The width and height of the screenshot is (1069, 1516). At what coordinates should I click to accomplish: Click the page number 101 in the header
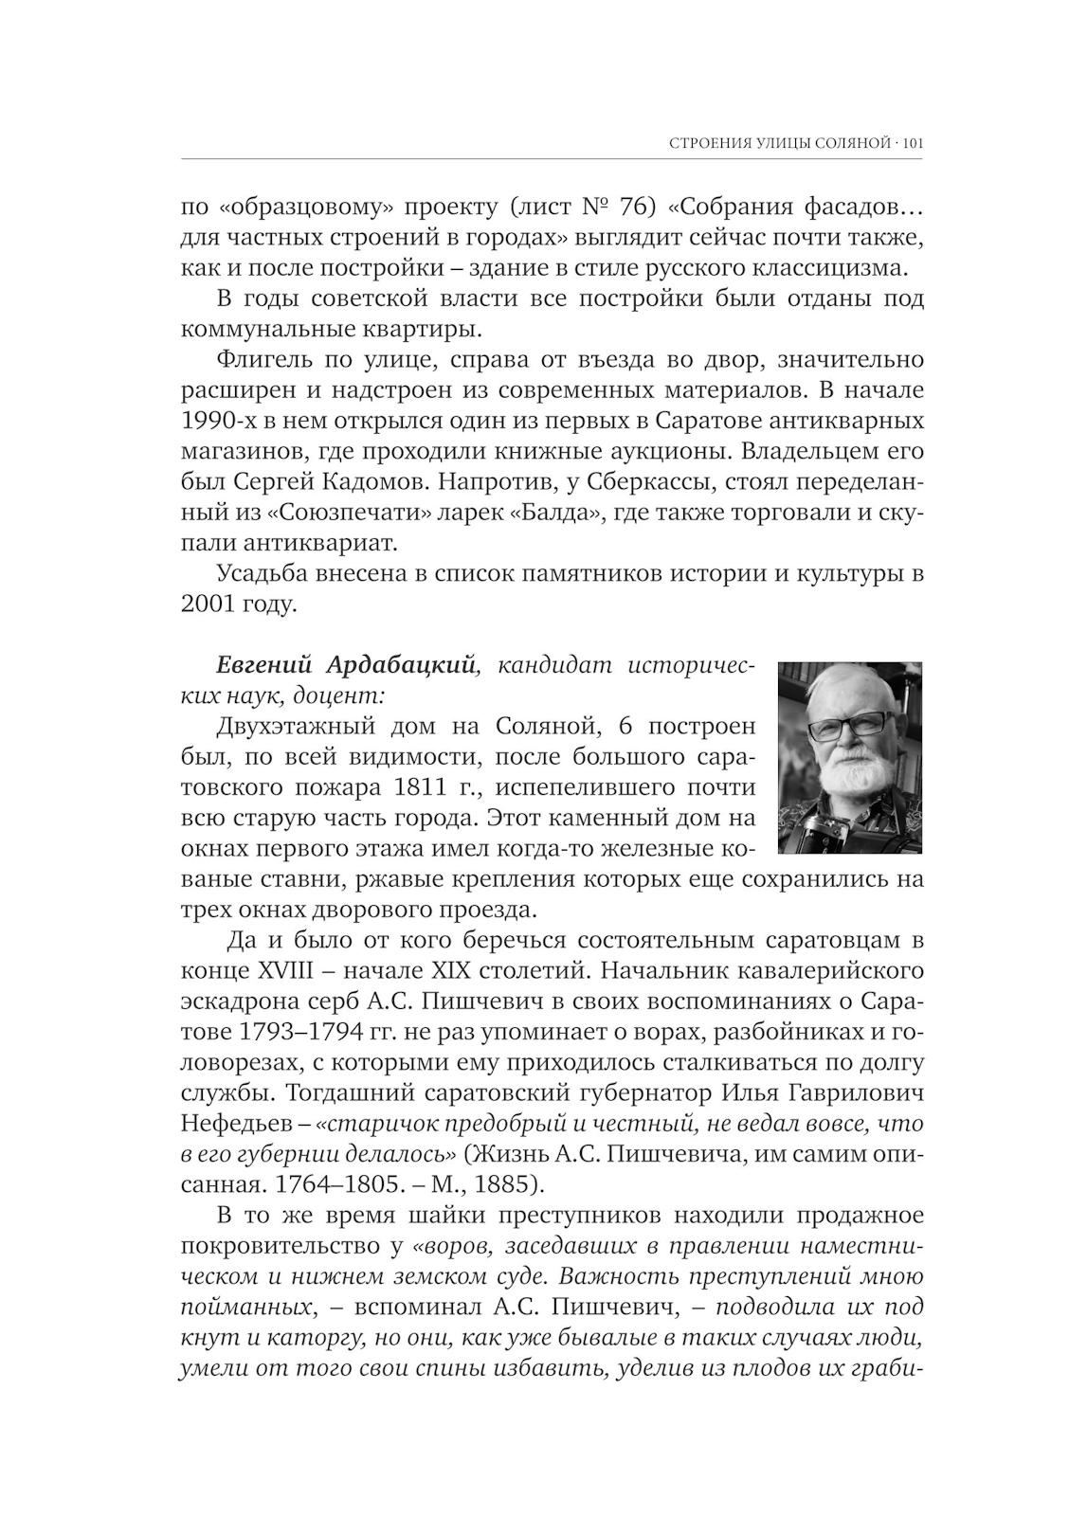click(913, 144)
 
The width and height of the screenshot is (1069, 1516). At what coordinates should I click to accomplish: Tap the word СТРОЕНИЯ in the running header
click(702, 144)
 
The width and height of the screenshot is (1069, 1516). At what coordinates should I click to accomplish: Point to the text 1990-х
click(215, 422)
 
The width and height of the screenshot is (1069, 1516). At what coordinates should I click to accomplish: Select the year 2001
click(208, 604)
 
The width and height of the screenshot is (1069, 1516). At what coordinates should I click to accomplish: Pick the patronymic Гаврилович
click(853, 1092)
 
